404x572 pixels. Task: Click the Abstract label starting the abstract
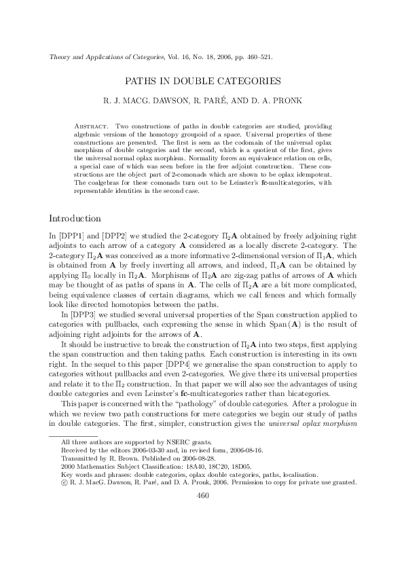coord(92,127)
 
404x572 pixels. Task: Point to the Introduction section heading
coord(75,219)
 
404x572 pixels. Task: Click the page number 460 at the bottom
coord(202,533)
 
